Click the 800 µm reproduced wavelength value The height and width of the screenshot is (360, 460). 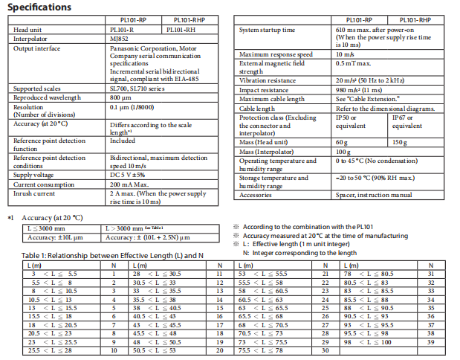120,97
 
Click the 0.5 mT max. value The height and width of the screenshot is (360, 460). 352,62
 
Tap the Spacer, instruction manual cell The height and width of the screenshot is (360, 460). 374,195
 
